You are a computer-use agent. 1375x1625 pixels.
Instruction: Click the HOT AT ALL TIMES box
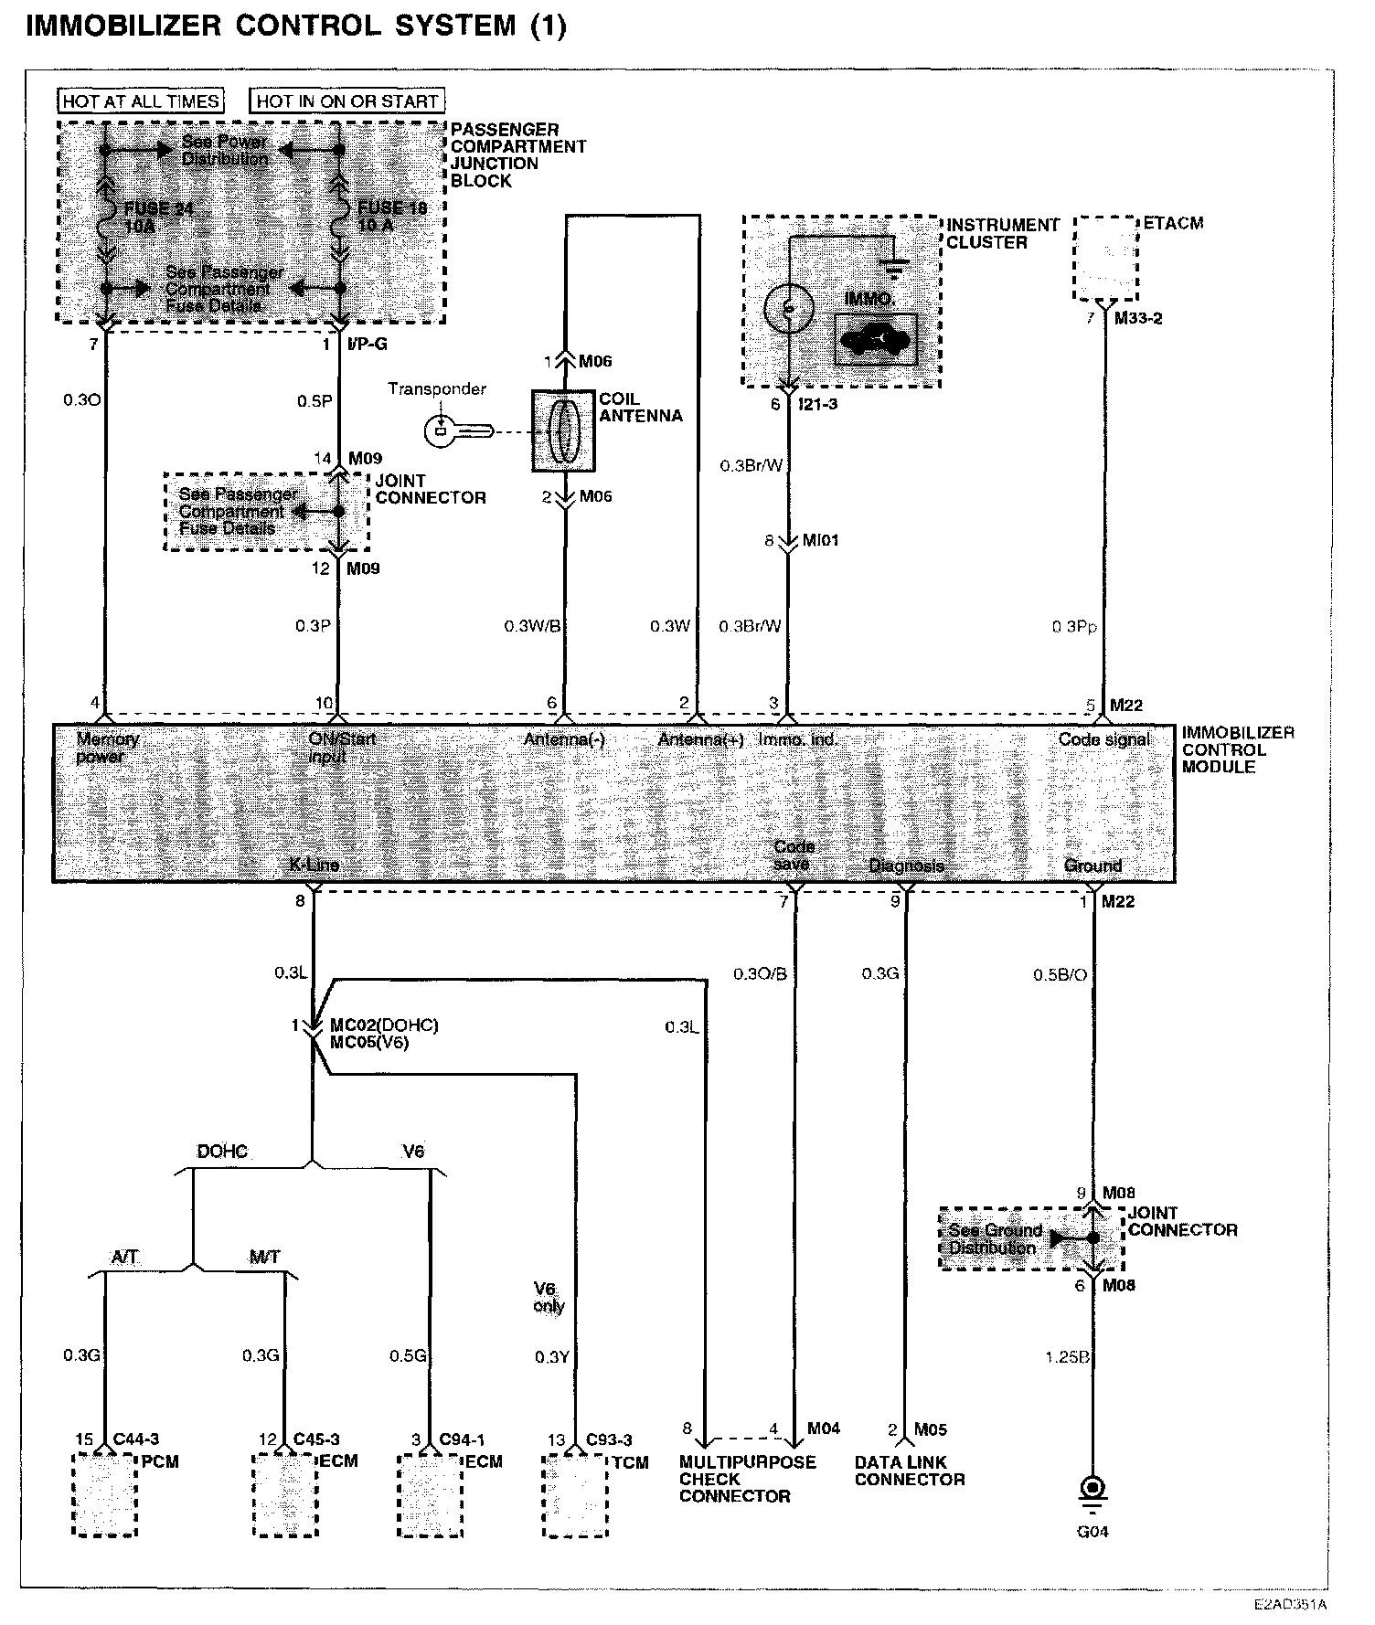141,101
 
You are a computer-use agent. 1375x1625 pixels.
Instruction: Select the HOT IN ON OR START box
347,101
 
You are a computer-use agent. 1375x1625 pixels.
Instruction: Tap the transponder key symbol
458,430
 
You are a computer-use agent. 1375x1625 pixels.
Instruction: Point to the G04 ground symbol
1092,1489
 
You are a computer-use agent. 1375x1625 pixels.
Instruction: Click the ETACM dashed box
1105,259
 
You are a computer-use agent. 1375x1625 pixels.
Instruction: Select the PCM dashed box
105,1496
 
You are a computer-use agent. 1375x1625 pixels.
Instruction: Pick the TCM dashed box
575,1496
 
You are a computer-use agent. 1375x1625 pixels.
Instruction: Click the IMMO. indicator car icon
874,340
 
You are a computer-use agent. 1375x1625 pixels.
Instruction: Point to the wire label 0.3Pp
1073,628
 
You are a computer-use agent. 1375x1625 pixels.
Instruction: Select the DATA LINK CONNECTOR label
909,1471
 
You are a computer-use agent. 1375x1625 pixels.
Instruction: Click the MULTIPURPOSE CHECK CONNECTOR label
747,1479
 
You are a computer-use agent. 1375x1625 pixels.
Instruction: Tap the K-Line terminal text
314,866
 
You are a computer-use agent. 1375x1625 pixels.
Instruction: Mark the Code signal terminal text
1103,739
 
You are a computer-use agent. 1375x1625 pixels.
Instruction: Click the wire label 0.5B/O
1060,975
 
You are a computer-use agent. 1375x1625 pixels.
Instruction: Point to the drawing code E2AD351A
1290,1604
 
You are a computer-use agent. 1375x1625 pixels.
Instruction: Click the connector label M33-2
1137,319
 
